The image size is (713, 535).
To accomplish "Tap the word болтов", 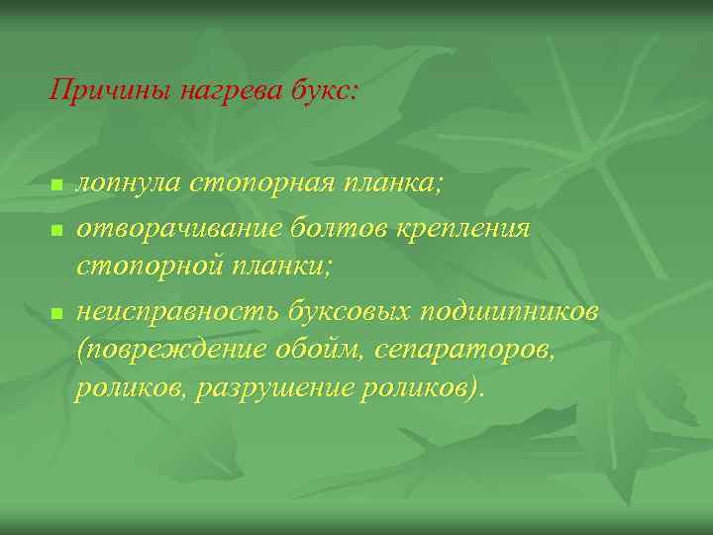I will coord(321,229).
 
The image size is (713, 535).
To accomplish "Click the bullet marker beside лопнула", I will coord(56,186).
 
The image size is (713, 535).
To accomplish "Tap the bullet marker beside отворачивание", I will coord(56,230).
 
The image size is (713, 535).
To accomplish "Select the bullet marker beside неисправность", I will coord(56,313).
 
